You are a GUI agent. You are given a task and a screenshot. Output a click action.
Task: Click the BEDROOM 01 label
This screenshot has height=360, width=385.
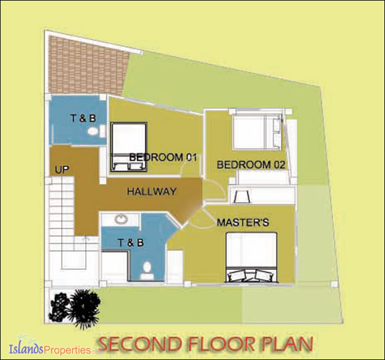pos(163,157)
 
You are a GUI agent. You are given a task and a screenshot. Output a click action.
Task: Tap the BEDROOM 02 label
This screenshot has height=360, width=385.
pos(251,165)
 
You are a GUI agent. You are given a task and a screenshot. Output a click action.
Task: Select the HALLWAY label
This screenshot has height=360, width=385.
pos(152,191)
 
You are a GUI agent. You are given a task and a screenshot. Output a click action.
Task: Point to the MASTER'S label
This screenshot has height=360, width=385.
pos(243,222)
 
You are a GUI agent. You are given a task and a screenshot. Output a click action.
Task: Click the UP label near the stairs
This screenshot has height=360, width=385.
pos(62,169)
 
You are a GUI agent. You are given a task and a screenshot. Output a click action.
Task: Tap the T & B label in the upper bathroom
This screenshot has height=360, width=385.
pos(84,118)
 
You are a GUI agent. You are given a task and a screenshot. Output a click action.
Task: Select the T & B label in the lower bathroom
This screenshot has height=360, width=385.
pos(131,243)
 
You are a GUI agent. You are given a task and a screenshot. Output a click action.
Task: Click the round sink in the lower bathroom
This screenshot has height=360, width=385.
pos(121,219)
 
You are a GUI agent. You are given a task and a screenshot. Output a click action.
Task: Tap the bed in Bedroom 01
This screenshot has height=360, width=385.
pos(129,147)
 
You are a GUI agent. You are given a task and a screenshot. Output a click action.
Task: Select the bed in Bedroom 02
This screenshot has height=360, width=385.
pos(257,131)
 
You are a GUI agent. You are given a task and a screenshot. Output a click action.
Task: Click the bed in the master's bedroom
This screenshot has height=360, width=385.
pos(252,257)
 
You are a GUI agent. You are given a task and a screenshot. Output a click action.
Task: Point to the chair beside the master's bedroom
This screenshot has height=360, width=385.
pos(242,196)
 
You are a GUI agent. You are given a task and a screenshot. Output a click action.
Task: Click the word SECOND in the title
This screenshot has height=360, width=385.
pos(141,344)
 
